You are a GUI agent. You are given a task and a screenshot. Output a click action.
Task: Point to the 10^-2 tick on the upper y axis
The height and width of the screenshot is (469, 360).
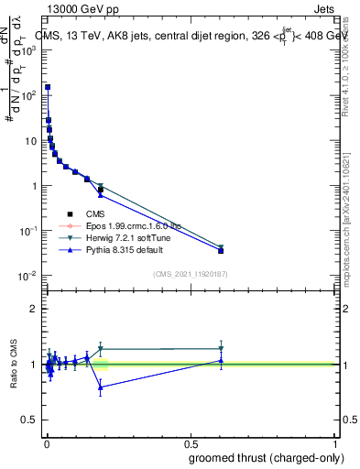point(29,276)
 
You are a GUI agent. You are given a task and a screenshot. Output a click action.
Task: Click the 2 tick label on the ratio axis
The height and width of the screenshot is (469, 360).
point(34,309)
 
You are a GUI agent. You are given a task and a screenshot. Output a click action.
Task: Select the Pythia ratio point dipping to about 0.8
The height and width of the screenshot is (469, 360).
point(101,387)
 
